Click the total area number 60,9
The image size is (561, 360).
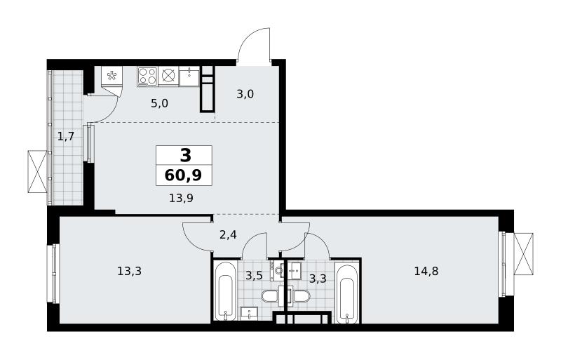tap(183, 175)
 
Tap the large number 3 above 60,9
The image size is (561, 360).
tap(185, 156)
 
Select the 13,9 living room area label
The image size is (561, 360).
tap(181, 198)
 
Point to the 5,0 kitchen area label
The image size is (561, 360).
tap(160, 104)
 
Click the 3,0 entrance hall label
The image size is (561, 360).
tap(245, 94)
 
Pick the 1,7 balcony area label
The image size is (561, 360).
tap(66, 136)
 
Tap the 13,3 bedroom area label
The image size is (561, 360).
tap(130, 271)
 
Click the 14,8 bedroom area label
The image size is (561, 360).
tap(426, 271)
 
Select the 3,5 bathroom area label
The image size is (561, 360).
tap(254, 276)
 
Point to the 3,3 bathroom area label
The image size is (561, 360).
tap(318, 279)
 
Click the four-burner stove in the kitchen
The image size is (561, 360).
tap(147, 76)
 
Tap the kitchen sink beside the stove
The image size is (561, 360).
tap(189, 76)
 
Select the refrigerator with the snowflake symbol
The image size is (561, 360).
tap(112, 76)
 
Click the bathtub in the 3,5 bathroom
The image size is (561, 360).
tap(225, 291)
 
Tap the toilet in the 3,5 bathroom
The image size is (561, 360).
tap(273, 296)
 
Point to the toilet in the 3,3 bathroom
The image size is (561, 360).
tap(299, 296)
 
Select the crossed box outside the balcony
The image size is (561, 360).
tap(37, 172)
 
